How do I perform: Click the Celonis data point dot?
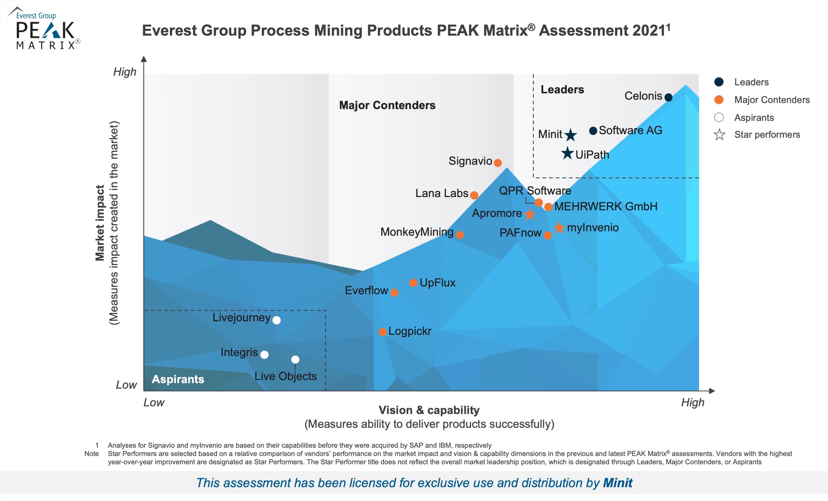(668, 98)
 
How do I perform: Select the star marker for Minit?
(570, 135)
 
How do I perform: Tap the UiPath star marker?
(567, 153)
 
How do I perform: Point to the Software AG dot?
(593, 131)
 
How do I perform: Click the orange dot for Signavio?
(498, 163)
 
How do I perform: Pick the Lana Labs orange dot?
(474, 195)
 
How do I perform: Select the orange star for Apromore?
(530, 214)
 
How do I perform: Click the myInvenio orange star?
(559, 228)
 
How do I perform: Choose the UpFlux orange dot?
(413, 283)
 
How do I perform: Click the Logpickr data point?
(382, 332)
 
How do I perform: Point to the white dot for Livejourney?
(277, 320)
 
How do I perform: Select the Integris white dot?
(264, 355)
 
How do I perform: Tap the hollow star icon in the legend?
(719, 135)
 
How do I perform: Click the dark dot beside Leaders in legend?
(719, 82)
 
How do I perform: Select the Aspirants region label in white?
(178, 379)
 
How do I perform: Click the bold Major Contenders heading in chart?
(387, 105)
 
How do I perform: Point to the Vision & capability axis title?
(429, 410)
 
